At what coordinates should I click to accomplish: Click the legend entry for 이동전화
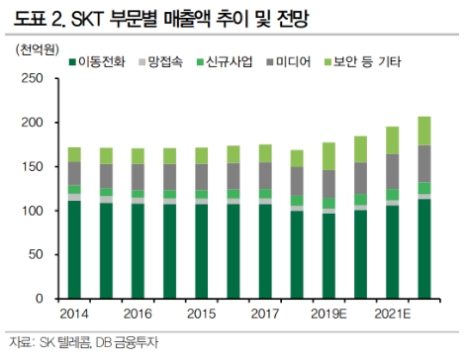click(100, 61)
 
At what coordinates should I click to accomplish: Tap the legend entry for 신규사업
click(229, 61)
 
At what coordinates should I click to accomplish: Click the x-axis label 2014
click(76, 315)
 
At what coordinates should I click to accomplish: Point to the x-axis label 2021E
click(395, 315)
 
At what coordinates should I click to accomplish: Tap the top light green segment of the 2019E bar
click(330, 156)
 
